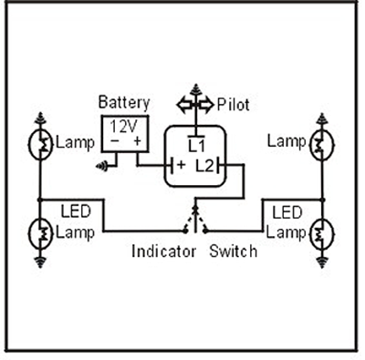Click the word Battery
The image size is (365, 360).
[x=123, y=103]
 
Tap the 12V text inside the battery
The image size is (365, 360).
[x=123, y=126]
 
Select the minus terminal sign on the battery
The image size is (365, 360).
[x=113, y=141]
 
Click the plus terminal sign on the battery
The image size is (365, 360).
[x=137, y=141]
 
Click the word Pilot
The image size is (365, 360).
[x=234, y=104]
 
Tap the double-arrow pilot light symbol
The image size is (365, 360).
[x=196, y=104]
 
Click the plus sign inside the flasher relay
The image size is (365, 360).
[x=181, y=166]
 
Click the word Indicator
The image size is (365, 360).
[x=164, y=251]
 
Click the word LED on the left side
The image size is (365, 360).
[x=73, y=211]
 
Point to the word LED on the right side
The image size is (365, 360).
[x=288, y=211]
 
